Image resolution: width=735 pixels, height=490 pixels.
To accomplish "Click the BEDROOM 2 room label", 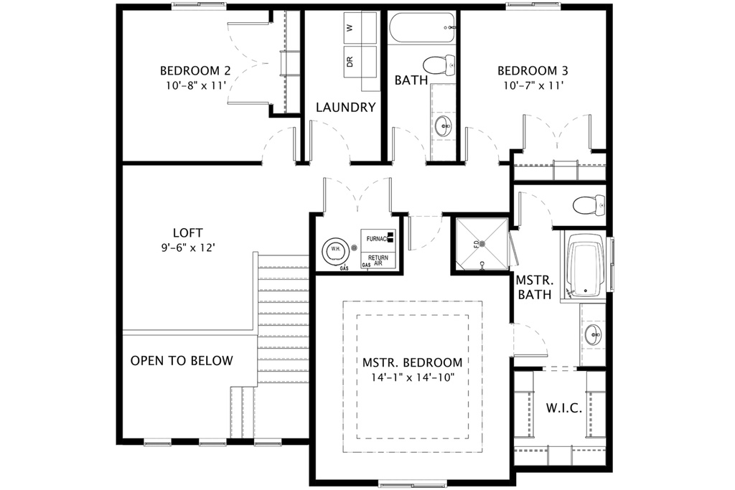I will coord(195,71).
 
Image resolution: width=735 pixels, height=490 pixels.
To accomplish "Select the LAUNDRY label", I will coord(346,108).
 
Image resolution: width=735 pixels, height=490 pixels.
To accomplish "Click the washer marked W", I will coord(350,29).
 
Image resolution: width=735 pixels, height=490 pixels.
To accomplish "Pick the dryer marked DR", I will coord(350,62).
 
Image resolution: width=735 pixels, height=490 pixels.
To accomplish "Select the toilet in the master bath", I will coord(589,205).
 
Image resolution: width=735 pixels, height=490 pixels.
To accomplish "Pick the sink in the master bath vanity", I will coord(594,334).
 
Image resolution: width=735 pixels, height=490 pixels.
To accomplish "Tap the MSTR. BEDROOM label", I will coord(412,362).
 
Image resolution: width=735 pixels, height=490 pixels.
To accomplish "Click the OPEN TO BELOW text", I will coord(182,360).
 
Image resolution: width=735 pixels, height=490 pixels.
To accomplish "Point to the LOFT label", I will coord(187,232).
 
